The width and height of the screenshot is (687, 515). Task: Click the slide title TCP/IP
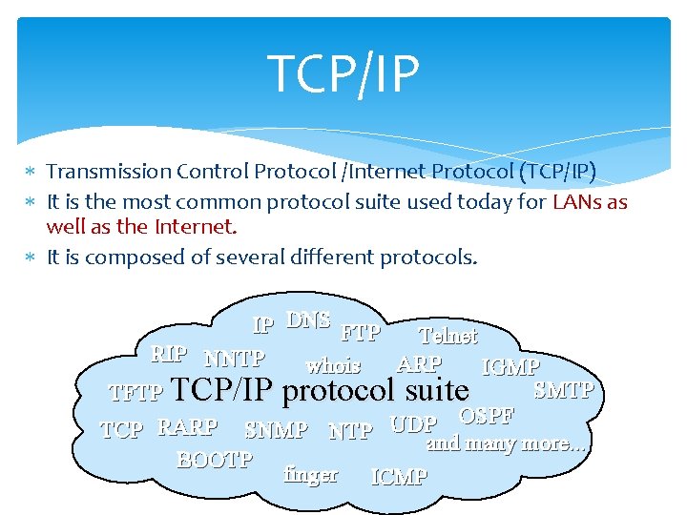[343, 74]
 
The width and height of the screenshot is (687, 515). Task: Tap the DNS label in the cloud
[308, 320]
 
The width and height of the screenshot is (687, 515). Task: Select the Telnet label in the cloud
[448, 335]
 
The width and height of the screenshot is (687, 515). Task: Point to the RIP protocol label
[169, 354]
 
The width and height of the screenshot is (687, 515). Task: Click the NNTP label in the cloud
[235, 359]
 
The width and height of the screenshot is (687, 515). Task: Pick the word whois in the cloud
[333, 365]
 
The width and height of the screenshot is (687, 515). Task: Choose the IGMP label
[511, 367]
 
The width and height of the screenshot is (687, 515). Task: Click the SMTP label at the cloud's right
[564, 389]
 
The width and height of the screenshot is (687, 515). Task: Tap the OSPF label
[487, 416]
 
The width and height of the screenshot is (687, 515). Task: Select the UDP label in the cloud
[413, 425]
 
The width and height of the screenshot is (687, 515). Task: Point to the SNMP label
[276, 431]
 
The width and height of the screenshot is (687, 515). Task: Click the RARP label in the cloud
[187, 427]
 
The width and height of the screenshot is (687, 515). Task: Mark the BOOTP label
[215, 460]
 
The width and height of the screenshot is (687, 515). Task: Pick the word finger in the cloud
[311, 474]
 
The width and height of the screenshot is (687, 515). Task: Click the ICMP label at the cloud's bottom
[399, 477]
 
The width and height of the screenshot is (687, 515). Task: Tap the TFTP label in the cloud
[137, 392]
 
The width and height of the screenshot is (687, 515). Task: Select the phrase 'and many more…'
[506, 443]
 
